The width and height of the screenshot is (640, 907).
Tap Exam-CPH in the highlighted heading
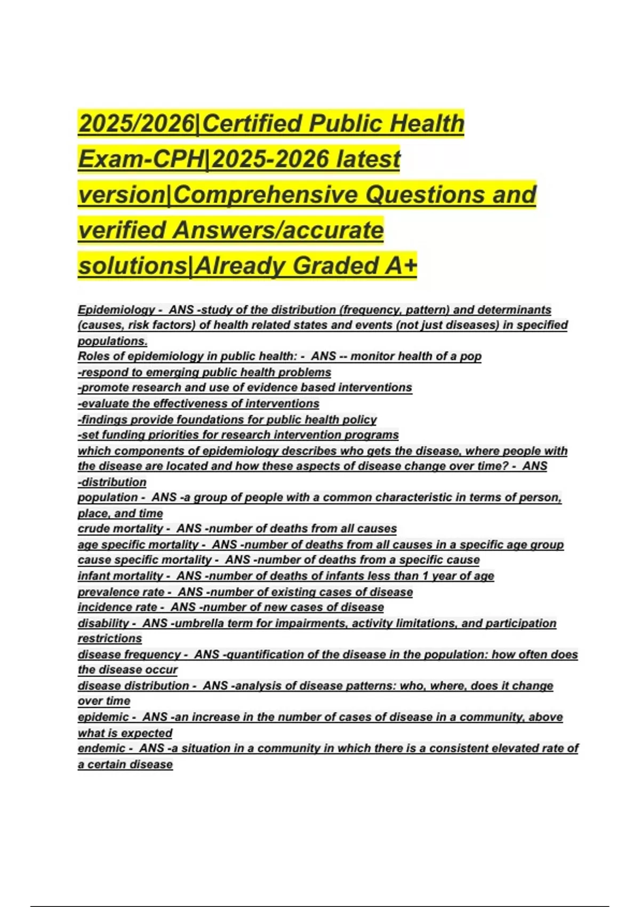141,159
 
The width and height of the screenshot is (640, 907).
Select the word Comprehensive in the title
267,195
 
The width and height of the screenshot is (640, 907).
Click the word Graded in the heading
331,266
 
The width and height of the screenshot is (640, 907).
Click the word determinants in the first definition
514,310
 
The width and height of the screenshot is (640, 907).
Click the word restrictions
110,639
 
